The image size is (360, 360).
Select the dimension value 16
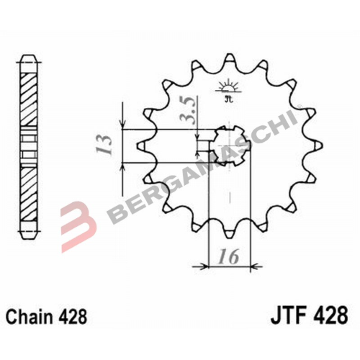[x=229, y=256]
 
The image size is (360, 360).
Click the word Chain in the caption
[x=29, y=317]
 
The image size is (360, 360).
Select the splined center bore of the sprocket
[x=230, y=145]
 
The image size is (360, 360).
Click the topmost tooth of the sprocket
[x=230, y=58]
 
